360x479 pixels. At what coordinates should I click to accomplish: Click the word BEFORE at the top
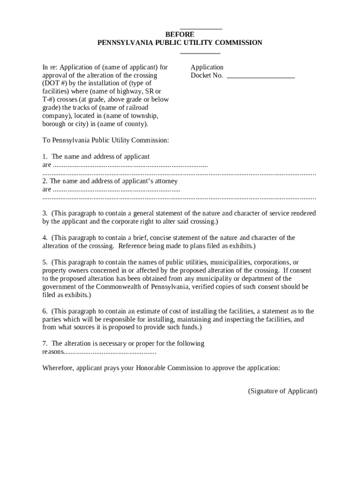coord(180,35)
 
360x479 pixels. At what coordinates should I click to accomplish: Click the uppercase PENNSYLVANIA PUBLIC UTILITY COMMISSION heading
coord(180,43)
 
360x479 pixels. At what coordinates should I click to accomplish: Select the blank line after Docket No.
coord(260,76)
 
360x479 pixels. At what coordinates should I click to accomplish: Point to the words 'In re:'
coord(50,67)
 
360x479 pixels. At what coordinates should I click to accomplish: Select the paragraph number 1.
coord(44,157)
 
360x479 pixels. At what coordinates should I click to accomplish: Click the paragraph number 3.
coord(44,213)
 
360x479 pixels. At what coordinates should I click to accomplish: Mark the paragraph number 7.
coord(44,344)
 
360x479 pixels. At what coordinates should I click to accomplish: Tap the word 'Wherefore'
coord(58,368)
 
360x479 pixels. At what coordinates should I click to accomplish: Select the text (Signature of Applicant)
coord(282,391)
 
